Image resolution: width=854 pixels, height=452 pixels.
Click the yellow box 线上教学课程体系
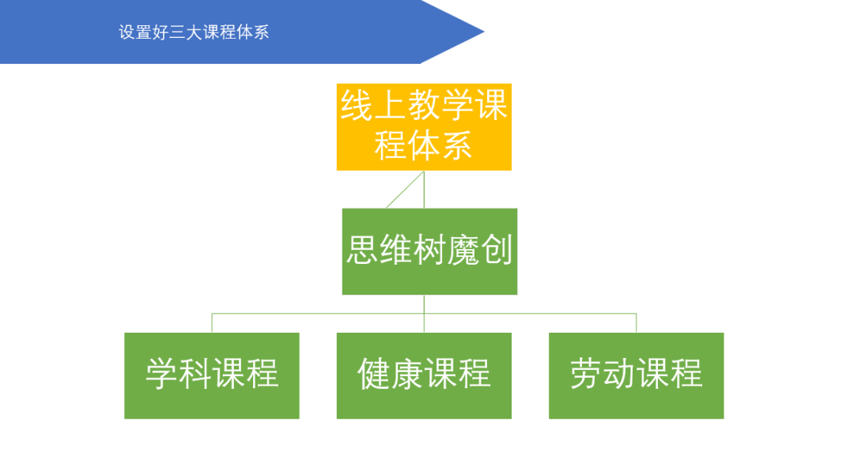point(424,126)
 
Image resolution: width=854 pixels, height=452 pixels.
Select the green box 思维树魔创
point(429,251)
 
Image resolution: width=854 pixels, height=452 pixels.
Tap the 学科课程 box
point(212,375)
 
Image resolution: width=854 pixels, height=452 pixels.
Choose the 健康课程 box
point(424,375)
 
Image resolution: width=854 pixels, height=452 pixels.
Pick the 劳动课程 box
point(637,375)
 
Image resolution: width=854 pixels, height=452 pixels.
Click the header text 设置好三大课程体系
point(194,32)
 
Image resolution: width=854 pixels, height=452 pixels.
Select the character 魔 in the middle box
point(463,251)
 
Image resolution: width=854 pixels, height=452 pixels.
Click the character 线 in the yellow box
point(357,106)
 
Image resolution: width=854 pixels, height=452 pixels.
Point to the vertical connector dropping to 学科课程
point(212,322)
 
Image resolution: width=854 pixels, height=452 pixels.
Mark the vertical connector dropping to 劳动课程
point(637,322)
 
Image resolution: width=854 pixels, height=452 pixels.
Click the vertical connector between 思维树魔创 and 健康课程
point(425,313)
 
